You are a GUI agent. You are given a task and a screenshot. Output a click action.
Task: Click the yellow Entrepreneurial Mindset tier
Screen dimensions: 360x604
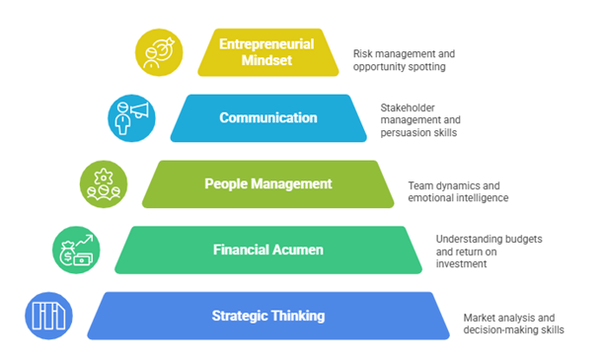click(268, 51)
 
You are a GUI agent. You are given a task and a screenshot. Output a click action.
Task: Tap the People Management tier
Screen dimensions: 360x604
click(267, 184)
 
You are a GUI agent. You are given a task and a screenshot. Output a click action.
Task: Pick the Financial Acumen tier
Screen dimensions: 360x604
click(267, 250)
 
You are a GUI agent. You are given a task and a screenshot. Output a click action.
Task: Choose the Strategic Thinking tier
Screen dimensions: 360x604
click(268, 316)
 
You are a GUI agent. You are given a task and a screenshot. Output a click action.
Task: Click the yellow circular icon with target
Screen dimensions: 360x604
click(159, 51)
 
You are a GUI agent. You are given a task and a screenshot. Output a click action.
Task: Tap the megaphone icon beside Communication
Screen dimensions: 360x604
click(131, 116)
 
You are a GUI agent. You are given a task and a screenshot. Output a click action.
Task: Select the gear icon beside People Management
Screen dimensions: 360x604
click(104, 182)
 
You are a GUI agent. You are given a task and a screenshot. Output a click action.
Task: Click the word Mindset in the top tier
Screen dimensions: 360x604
click(268, 60)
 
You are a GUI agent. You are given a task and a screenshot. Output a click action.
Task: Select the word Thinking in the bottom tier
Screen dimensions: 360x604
click(297, 316)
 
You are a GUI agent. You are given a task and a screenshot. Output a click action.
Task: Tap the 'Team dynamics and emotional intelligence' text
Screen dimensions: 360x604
click(457, 191)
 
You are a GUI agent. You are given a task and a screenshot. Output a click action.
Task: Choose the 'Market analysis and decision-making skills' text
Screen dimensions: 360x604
click(514, 324)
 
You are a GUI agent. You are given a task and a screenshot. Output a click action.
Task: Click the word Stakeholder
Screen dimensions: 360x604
click(410, 107)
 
